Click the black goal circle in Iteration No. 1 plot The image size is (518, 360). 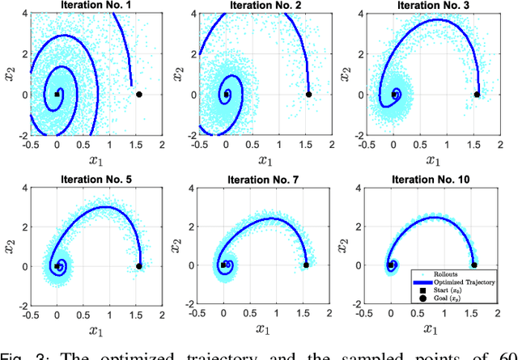click(x=138, y=95)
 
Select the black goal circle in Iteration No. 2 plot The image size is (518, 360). click(x=308, y=95)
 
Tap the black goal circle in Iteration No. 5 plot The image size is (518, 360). click(x=138, y=265)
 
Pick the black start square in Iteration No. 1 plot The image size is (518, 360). click(x=57, y=95)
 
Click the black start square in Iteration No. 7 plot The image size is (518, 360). click(x=223, y=265)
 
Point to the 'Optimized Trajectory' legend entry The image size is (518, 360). click(x=468, y=282)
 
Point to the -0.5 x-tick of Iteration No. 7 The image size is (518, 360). click(x=197, y=315)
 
